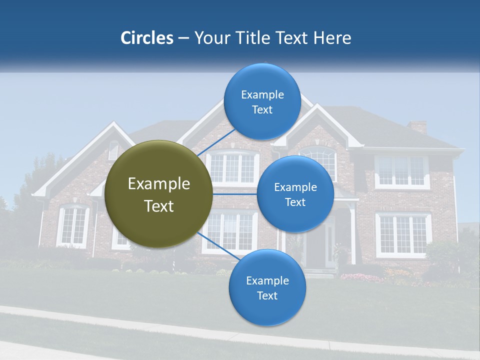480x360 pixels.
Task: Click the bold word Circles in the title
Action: point(146,38)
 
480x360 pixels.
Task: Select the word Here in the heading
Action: point(332,38)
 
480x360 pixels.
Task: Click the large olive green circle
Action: point(159,194)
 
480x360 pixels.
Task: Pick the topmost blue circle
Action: point(262,102)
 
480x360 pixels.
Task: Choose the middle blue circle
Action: point(295,194)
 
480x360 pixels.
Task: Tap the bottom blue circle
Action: point(267,288)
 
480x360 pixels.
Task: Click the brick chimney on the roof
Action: point(417,126)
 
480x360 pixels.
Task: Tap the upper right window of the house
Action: point(402,171)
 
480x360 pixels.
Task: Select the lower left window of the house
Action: point(73,226)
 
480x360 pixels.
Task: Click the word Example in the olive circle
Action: point(159,184)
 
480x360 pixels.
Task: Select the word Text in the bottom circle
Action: point(267,295)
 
